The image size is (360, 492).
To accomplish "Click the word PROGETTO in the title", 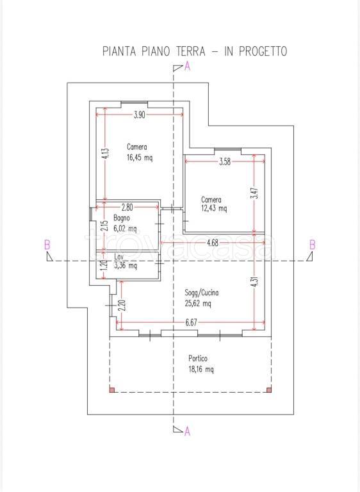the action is coord(263,51).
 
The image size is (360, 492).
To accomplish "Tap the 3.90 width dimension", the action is coord(140,115).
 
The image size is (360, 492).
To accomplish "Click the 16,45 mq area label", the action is coord(140,158).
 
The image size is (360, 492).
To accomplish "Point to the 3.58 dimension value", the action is coord(225,161).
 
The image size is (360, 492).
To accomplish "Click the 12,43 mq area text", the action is coord(214,208).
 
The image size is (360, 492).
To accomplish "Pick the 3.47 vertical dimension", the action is coord(256,193).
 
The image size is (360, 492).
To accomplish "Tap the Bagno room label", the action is coord(122,218).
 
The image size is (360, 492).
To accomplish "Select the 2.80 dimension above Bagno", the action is coord(127,207).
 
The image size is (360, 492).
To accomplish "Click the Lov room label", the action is coord(119,258).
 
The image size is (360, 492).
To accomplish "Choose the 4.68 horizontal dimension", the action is coord(213,243).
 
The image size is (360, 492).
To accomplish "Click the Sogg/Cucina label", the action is coord(202,293).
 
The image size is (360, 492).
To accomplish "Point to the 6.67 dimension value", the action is coord(191,323).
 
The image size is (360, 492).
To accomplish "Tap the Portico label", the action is coord(198,358).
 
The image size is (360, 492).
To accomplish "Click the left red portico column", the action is coord(112,390).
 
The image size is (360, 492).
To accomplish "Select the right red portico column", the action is coord(268,390).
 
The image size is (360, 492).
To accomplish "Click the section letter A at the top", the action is coord(188,67).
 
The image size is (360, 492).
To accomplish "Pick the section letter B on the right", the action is coord(313,245).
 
